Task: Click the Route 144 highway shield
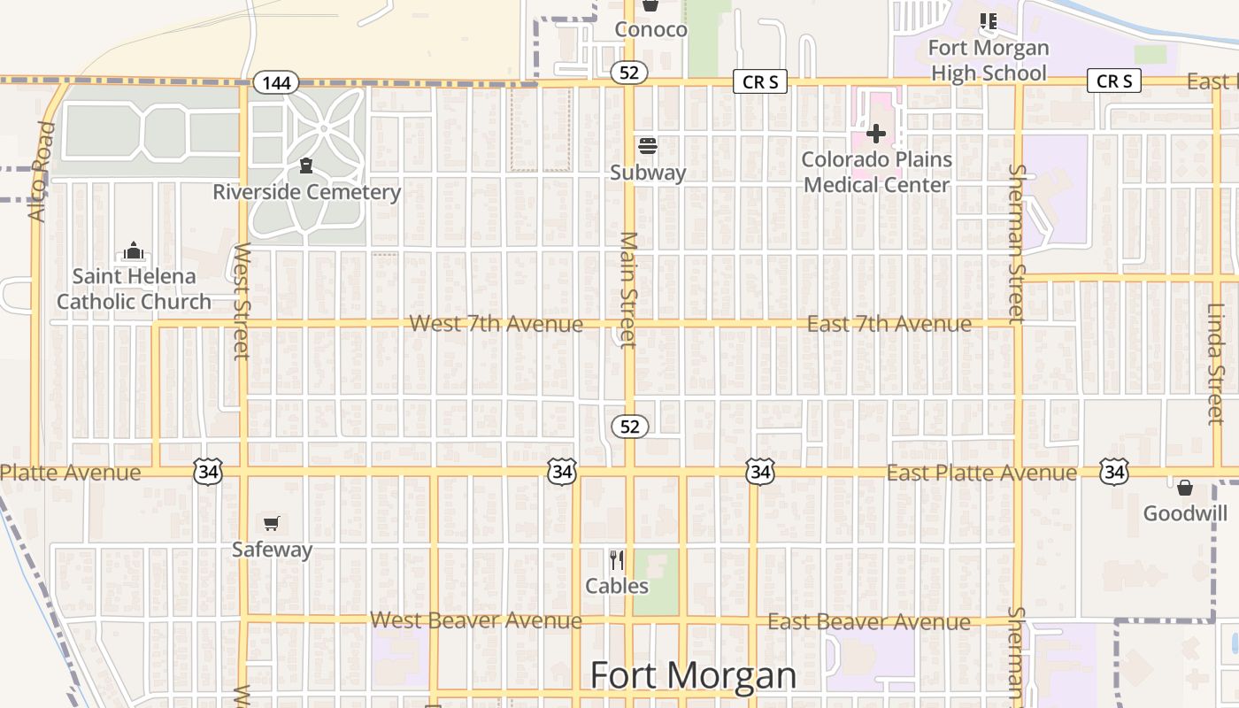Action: point(276,83)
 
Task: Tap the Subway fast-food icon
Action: point(648,146)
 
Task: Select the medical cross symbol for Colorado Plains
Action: point(876,134)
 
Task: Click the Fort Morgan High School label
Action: point(989,60)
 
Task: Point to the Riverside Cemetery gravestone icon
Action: point(306,165)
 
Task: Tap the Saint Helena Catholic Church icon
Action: point(134,251)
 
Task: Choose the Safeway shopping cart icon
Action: point(272,524)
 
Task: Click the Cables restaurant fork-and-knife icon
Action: point(617,560)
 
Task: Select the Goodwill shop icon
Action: point(1185,488)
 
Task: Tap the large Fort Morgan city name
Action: point(693,675)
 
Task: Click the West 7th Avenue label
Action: point(496,324)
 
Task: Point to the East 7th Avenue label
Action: point(889,325)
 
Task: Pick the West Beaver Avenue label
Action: point(475,620)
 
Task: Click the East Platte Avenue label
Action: point(981,473)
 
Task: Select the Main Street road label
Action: point(628,289)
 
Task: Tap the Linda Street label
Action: point(1216,364)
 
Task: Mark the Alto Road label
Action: point(42,172)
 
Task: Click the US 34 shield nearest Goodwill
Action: point(1113,473)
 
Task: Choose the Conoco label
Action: point(650,29)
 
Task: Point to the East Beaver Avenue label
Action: point(868,622)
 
